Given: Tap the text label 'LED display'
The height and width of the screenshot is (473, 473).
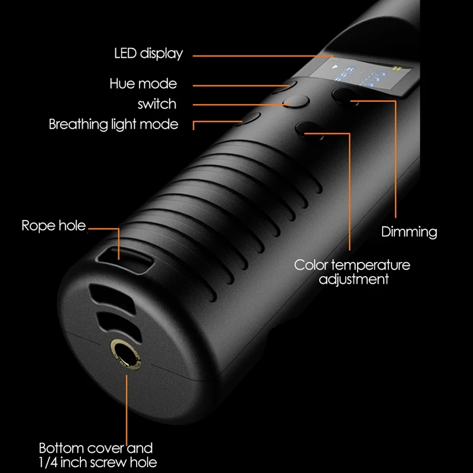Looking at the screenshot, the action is [x=148, y=53].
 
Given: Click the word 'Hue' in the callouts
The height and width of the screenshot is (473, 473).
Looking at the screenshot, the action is [x=123, y=83].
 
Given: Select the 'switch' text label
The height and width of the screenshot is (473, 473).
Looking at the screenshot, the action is [x=157, y=104].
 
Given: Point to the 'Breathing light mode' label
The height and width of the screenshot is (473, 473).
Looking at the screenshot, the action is [x=114, y=124].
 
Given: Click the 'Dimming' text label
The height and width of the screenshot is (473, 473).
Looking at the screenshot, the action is [x=409, y=231].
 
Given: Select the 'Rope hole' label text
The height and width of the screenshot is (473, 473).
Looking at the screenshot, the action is [x=54, y=225].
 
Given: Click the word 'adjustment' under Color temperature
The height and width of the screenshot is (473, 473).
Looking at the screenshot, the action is [x=354, y=278].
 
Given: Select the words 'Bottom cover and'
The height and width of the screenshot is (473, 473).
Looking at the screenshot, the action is [x=96, y=448].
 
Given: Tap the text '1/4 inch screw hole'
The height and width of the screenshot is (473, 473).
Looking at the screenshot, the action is [x=98, y=461].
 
